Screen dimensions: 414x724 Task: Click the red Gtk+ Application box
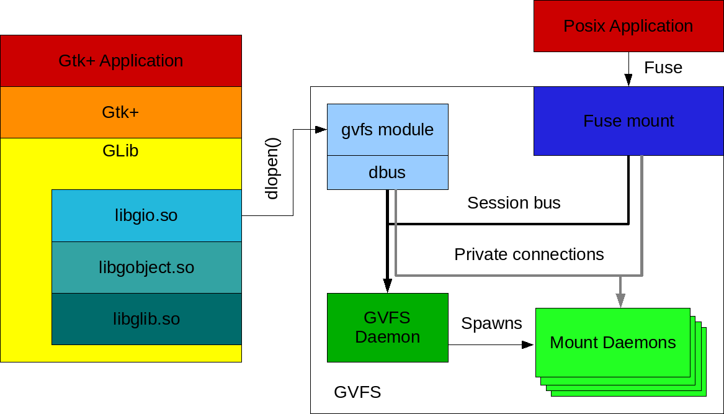[x=121, y=61]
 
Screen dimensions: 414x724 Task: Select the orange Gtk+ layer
[x=121, y=112]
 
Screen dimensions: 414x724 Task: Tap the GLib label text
[x=120, y=151]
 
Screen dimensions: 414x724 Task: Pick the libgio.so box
[x=146, y=215]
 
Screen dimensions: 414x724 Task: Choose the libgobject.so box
[x=146, y=268]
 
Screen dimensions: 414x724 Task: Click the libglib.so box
[x=146, y=319]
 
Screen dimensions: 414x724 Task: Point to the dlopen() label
[x=272, y=168]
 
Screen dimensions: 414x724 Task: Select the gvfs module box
[x=387, y=130]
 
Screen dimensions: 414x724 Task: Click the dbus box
[x=387, y=173]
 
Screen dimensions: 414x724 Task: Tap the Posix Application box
[x=628, y=26]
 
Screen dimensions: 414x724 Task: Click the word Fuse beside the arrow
[x=663, y=68]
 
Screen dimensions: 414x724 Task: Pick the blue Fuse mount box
[x=628, y=120]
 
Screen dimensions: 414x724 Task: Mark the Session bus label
[x=514, y=203]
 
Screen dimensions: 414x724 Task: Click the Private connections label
[x=529, y=254]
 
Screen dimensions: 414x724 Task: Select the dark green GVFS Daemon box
[x=387, y=328]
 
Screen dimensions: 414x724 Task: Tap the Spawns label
[x=491, y=323]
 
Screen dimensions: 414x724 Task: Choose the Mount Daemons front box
[x=613, y=343]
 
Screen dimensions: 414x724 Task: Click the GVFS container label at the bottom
[x=357, y=392]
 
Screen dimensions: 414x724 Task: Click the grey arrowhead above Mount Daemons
[x=620, y=300]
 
